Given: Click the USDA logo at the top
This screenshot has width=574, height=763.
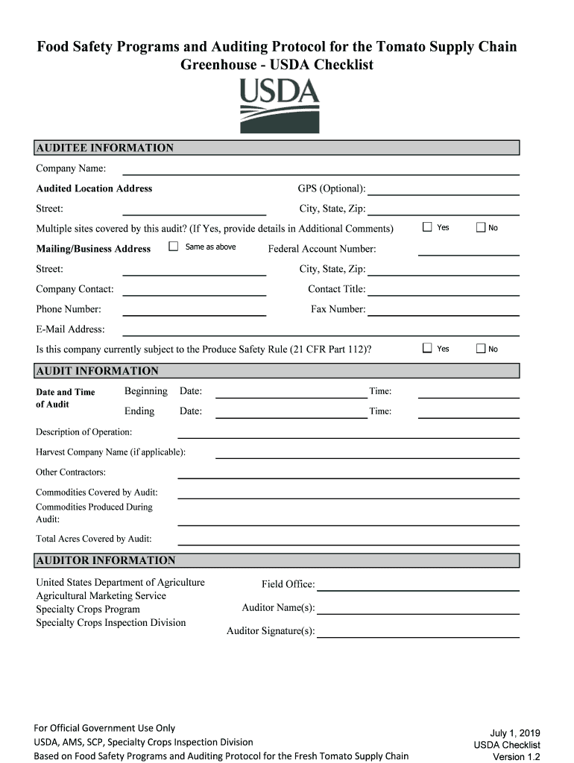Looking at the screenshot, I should click(x=280, y=106).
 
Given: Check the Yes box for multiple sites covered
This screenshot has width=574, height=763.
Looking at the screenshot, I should click(x=427, y=227).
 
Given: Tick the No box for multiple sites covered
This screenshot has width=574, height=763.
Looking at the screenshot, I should click(x=481, y=227).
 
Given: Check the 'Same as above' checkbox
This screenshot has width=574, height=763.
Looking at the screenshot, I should click(x=174, y=247).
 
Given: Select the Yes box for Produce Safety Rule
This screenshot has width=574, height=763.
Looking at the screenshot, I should click(x=427, y=348).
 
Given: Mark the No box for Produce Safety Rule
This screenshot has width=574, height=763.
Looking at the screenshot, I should click(x=481, y=348).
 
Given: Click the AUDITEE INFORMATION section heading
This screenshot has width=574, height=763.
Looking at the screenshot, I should click(x=105, y=148).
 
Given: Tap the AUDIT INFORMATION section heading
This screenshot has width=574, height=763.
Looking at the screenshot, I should click(x=98, y=371).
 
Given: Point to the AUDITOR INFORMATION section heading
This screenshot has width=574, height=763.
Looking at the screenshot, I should click(x=106, y=560).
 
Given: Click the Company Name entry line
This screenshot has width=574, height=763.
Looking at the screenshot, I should click(x=321, y=170).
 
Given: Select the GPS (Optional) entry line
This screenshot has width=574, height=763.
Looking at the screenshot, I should click(x=444, y=190).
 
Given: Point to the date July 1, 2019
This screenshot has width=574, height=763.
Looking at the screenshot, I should click(x=514, y=733).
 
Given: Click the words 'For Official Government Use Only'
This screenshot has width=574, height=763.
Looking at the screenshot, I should click(x=104, y=728).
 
